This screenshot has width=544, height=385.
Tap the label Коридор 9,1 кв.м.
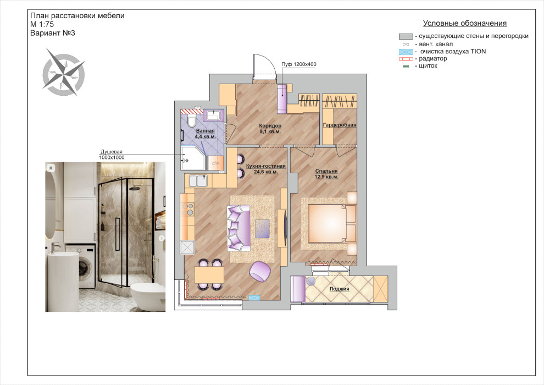pos(270,129)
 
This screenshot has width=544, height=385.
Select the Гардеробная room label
pos(340,125)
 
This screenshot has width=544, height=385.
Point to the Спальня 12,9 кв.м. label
pos(326,174)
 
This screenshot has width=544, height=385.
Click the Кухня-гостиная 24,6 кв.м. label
pos(266,169)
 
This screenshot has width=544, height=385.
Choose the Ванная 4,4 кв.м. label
pos(206,134)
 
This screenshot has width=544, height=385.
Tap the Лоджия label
pos(339,289)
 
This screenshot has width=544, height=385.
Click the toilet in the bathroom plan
pos(191,121)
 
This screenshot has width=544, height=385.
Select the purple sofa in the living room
pos(238,228)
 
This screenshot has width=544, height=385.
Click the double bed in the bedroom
pos(332,223)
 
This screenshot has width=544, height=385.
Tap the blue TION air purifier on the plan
pos(254,298)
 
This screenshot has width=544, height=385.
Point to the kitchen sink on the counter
pos(198,180)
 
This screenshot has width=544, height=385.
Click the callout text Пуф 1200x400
pos(299,64)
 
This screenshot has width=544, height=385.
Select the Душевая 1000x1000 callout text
pos(112,155)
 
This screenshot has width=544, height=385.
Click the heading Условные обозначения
pos(465,23)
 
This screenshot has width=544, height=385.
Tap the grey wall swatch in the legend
pos(406,36)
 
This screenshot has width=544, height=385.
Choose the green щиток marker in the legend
pos(406,67)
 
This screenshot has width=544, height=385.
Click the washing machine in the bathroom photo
pos(80,266)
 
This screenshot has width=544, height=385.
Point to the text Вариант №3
pos(53,33)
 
